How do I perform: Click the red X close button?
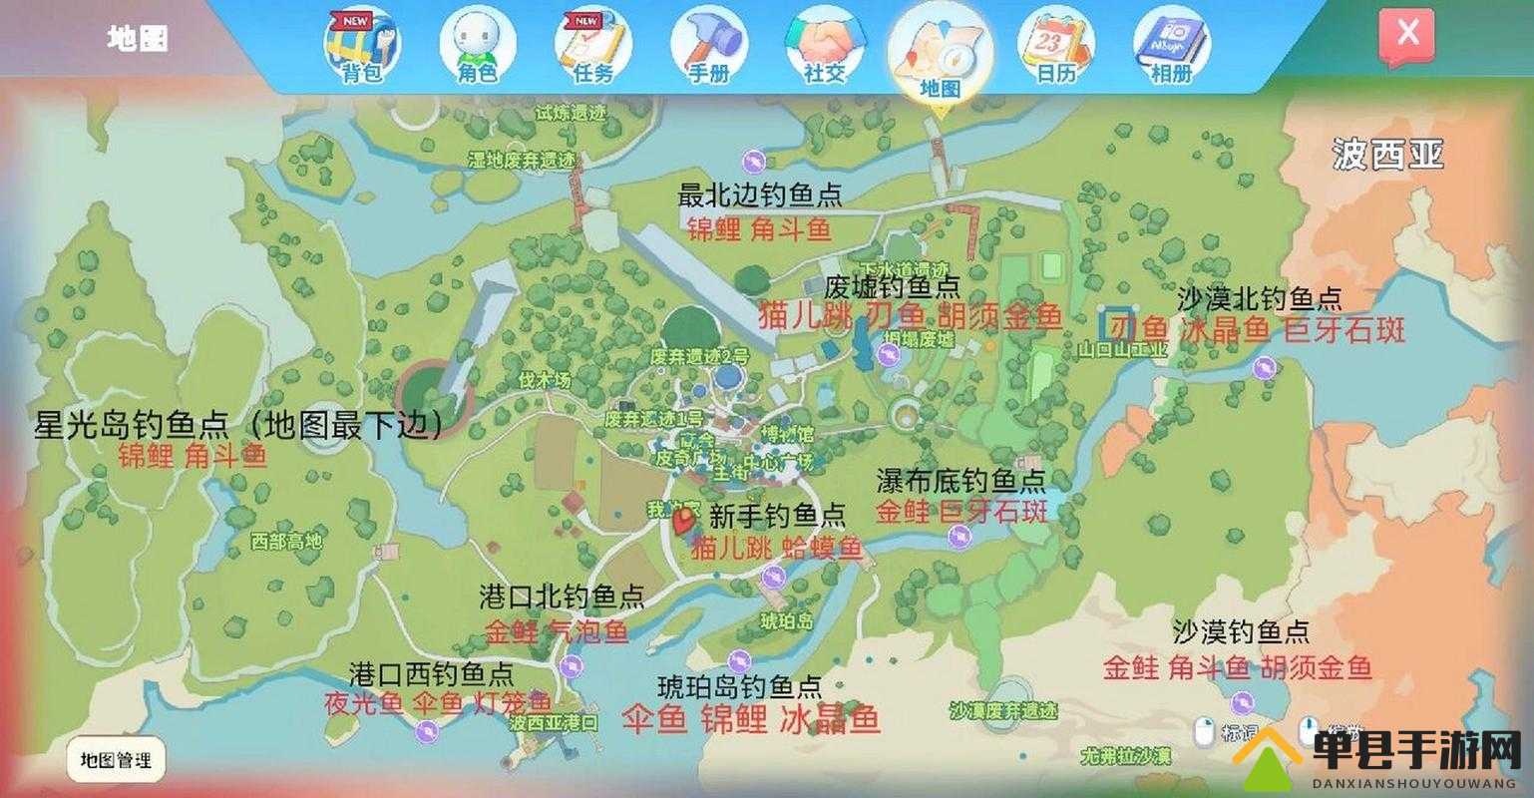[x=1406, y=35]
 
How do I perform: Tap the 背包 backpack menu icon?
[x=360, y=46]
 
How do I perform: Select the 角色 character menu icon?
[x=477, y=46]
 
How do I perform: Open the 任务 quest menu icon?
[x=592, y=46]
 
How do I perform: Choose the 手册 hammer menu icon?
[x=708, y=46]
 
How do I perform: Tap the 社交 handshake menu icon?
[x=824, y=46]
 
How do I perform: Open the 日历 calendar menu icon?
[x=1055, y=46]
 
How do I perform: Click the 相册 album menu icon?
[x=1171, y=46]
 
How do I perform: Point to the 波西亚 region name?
[x=1387, y=156]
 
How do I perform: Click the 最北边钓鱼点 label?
[x=760, y=195]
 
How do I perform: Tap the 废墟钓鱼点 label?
[x=893, y=287]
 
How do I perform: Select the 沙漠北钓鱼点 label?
[x=1260, y=298]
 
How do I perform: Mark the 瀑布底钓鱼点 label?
[x=961, y=482]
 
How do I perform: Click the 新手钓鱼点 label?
[x=777, y=516]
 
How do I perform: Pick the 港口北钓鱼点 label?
[x=562, y=598]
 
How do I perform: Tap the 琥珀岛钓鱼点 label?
[x=740, y=686]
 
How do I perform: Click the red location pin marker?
[x=684, y=521]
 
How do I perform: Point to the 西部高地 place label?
[x=287, y=542]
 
